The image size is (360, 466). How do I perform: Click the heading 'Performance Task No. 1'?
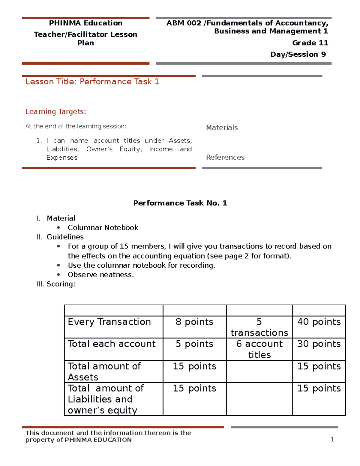point(180,203)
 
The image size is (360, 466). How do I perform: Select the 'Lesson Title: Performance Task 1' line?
point(92,82)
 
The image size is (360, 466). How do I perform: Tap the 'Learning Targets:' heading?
point(56,112)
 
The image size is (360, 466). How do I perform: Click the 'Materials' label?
point(222,128)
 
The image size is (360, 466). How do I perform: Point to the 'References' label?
point(225,157)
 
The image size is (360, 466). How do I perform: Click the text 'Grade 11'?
point(310,43)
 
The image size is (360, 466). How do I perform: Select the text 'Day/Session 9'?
point(298,54)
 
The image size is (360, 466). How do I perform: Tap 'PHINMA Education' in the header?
point(85,23)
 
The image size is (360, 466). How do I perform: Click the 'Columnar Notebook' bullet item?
point(103,227)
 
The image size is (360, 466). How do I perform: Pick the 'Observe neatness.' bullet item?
point(100,275)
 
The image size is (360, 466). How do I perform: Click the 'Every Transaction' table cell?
point(109,322)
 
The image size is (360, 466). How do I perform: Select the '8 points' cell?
point(194,322)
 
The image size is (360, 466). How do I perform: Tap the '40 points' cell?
point(319,322)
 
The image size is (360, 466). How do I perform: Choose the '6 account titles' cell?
point(259,349)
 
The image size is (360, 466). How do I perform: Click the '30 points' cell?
point(319,344)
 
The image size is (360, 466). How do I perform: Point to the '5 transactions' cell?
point(259,327)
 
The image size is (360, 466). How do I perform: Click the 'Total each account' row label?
point(112,344)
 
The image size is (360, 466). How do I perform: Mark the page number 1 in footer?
point(332,439)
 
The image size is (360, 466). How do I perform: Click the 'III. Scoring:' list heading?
point(56,284)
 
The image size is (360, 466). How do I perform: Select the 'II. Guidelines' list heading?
point(60,237)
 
